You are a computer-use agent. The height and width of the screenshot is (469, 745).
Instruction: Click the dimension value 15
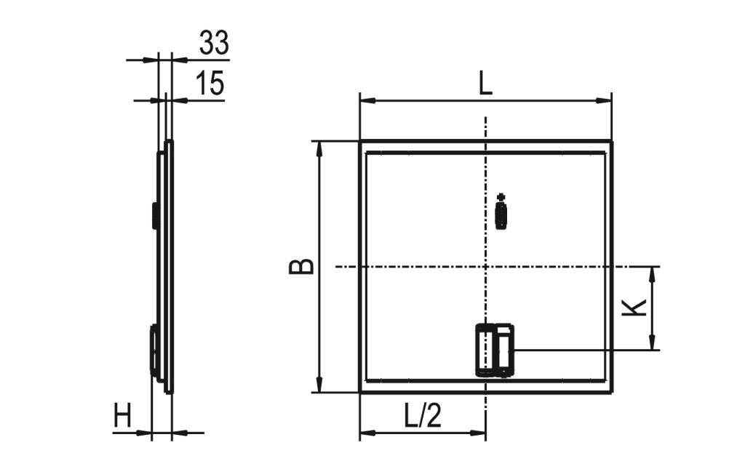(x=210, y=84)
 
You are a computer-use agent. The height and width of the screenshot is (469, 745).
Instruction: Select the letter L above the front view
(x=485, y=84)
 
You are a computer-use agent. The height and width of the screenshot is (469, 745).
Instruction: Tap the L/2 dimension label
(x=423, y=417)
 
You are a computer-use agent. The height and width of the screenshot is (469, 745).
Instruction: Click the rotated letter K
(x=635, y=308)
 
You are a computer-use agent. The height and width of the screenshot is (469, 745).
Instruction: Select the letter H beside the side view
(x=123, y=417)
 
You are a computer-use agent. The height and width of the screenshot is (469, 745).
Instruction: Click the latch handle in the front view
(x=495, y=350)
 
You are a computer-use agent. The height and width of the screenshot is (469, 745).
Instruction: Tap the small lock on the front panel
(x=501, y=213)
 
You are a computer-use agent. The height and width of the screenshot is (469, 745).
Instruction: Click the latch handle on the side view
(x=154, y=351)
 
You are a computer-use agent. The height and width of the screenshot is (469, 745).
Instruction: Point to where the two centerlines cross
(x=485, y=267)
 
